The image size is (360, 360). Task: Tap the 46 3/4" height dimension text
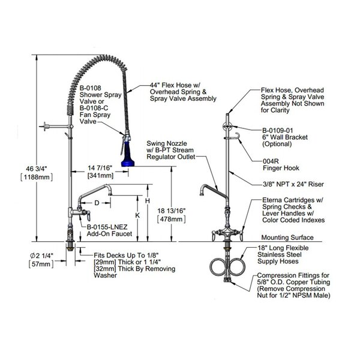(x=36, y=169)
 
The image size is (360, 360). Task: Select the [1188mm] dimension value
(x=37, y=177)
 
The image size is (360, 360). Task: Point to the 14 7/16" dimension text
(x=100, y=168)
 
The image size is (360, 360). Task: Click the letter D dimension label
(x=97, y=203)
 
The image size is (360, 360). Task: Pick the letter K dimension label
(x=137, y=215)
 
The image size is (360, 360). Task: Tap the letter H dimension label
(x=148, y=201)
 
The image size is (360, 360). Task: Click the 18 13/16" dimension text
(x=171, y=211)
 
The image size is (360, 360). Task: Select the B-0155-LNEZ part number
(x=107, y=227)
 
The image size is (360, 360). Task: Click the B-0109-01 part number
(x=278, y=130)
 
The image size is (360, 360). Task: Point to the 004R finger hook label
(x=271, y=161)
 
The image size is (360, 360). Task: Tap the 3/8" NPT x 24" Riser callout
(x=293, y=184)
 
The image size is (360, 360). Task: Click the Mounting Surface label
(x=287, y=238)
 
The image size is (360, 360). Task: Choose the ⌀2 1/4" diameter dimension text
(x=42, y=256)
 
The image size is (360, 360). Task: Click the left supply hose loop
(x=218, y=266)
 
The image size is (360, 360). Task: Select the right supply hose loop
(x=237, y=266)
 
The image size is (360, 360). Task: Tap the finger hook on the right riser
(x=236, y=136)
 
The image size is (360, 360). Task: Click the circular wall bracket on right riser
(x=227, y=127)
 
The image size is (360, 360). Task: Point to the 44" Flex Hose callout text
(x=183, y=92)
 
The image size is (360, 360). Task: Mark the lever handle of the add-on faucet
(x=88, y=216)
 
